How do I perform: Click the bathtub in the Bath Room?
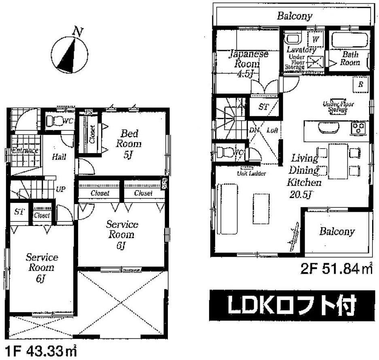[x=349, y=40]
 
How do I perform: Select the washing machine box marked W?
[x=315, y=39]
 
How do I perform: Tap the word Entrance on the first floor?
[x=25, y=151]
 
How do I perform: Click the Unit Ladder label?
[x=251, y=173]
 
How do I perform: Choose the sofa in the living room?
[x=227, y=209]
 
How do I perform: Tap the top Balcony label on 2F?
[x=294, y=16]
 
